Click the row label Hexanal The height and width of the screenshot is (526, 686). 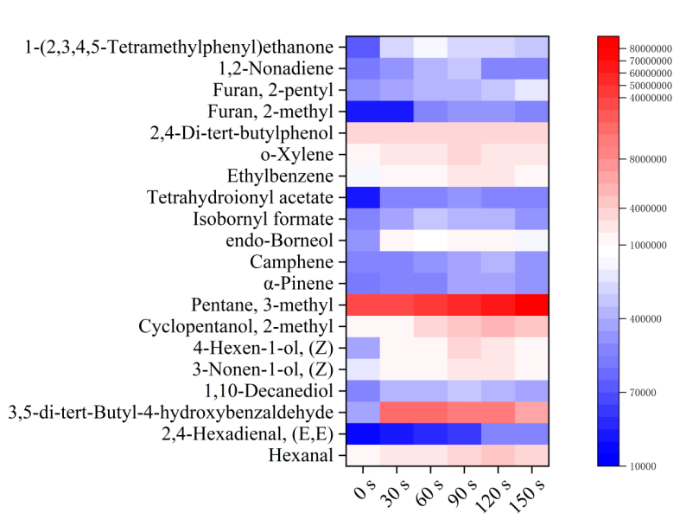(x=301, y=455)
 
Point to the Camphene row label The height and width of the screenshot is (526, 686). (x=291, y=261)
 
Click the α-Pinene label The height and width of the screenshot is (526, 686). (x=293, y=283)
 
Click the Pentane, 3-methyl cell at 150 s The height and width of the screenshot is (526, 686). (x=531, y=305)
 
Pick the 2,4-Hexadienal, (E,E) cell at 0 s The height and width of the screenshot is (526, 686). (x=363, y=433)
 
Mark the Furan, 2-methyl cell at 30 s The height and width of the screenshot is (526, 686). (x=397, y=111)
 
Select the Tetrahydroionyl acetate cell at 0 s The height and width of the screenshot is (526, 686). (x=363, y=197)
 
